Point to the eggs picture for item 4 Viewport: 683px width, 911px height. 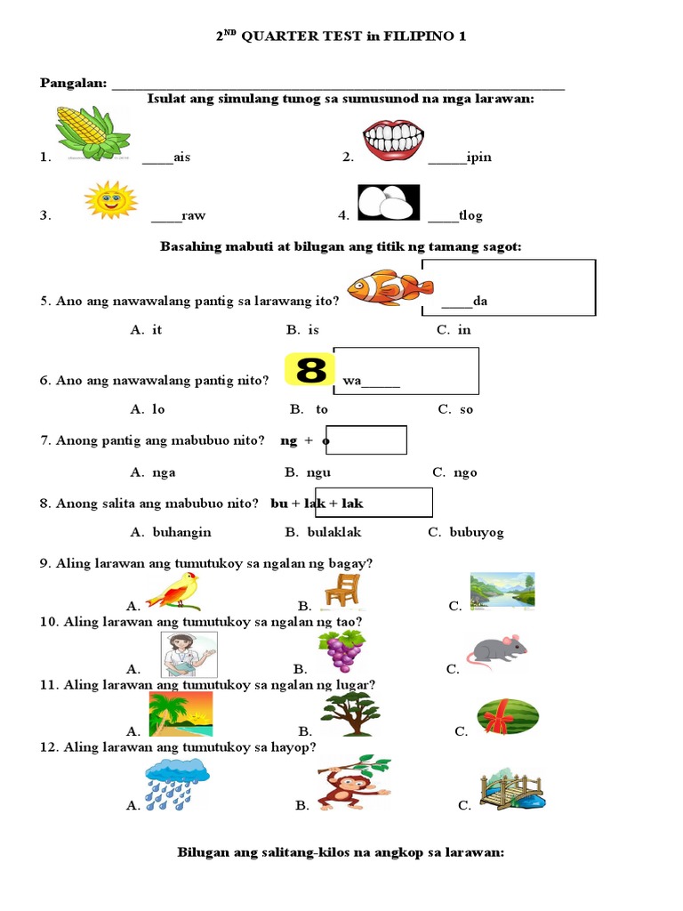point(388,202)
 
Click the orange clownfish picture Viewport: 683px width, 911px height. point(390,286)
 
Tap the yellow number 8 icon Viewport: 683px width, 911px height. point(309,369)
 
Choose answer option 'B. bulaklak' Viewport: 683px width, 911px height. point(323,532)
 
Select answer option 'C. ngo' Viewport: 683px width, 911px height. point(454,472)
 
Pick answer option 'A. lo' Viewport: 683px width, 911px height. point(148,409)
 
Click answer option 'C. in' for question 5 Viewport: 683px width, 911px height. point(454,329)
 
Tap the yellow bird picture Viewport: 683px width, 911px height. point(174,590)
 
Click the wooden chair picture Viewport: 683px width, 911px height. point(341,592)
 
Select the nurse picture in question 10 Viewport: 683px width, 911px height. point(188,656)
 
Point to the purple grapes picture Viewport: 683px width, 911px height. point(341,650)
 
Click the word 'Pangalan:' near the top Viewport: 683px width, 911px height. point(73,83)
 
